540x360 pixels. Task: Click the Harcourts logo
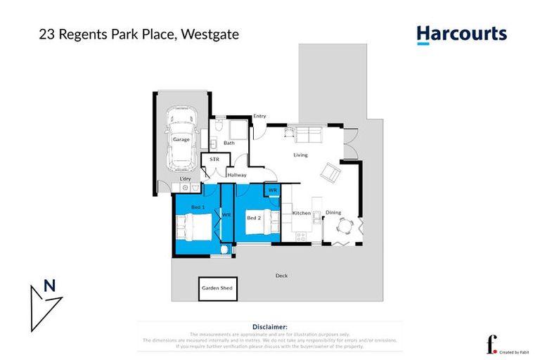coord(461,34)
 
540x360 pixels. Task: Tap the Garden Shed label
coord(217,288)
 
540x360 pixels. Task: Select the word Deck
coord(281,276)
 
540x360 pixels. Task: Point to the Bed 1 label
coord(198,207)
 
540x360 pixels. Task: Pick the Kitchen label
coord(302,213)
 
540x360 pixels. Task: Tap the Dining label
coord(333,212)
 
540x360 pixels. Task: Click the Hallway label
coord(236,174)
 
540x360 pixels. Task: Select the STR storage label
coord(214,160)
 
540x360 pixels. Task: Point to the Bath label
coord(229,143)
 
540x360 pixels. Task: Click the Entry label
coord(259,116)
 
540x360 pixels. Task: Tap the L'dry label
coord(186,179)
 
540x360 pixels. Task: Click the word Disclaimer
coord(270,327)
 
